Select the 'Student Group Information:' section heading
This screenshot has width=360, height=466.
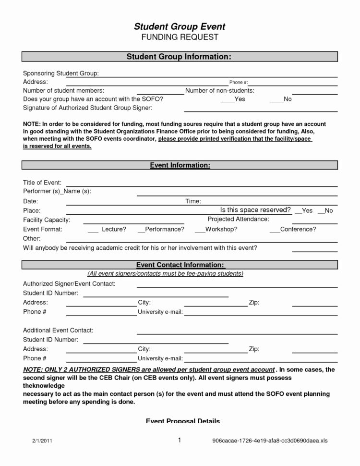click(x=179, y=57)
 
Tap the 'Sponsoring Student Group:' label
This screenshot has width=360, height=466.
click(x=61, y=73)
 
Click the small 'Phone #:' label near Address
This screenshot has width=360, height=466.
click(x=238, y=82)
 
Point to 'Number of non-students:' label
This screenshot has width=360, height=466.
click(x=219, y=90)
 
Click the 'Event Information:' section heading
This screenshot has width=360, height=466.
click(x=179, y=165)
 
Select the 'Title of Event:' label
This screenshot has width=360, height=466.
click(x=42, y=182)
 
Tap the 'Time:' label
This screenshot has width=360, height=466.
click(x=193, y=201)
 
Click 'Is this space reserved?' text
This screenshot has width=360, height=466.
click(x=255, y=210)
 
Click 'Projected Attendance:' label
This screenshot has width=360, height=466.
click(x=238, y=219)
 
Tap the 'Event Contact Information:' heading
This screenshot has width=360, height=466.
click(x=179, y=265)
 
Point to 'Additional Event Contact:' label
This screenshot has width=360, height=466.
click(x=58, y=331)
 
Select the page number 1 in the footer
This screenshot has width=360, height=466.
click(x=179, y=440)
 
